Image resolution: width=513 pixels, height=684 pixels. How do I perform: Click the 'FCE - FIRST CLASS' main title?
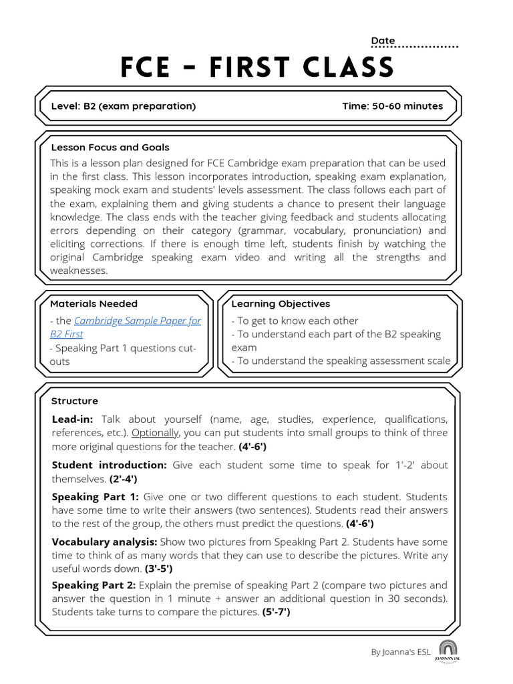[256, 67]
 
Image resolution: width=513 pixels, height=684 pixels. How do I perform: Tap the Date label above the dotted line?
[383, 41]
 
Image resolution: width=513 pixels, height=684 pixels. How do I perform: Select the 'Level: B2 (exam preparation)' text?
[124, 106]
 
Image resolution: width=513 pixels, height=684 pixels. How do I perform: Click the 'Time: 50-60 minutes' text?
[392, 106]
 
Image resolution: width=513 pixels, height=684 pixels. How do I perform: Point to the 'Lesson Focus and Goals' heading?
[110, 148]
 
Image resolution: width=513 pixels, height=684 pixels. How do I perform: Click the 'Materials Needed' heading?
[94, 304]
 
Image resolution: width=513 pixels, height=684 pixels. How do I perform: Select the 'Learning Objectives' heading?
[281, 304]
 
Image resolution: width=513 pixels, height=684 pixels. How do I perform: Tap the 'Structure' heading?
[74, 401]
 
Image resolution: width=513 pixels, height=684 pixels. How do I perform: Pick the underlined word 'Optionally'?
[156, 433]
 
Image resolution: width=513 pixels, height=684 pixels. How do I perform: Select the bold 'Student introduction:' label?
[109, 465]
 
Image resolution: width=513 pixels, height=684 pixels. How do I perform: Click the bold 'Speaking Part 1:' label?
[95, 497]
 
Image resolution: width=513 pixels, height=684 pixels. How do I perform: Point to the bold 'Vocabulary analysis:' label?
[104, 542]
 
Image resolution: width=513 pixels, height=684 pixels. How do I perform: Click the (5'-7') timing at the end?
[276, 612]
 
